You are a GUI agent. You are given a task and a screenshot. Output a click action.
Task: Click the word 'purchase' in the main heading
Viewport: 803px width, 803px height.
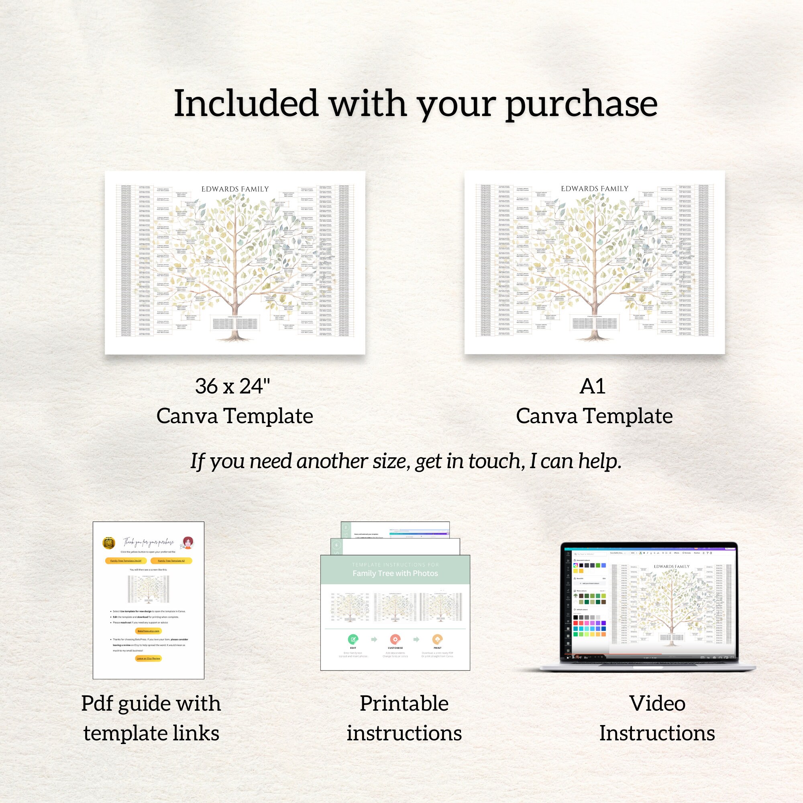581,105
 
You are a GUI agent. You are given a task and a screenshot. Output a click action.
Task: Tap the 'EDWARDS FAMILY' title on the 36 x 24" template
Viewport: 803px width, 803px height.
235,189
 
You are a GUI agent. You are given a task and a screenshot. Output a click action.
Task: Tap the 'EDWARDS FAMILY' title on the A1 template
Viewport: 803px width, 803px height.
594,189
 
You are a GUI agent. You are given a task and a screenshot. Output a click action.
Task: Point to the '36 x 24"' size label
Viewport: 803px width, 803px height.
232,387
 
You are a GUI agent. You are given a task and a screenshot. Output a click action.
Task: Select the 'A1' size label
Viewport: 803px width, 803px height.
592,387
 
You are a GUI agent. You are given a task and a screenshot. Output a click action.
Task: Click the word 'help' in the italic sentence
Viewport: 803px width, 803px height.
600,461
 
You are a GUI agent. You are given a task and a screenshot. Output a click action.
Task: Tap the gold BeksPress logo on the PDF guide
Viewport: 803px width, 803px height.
108,543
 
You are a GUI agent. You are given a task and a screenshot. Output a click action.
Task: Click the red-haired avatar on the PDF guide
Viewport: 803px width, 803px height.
188,542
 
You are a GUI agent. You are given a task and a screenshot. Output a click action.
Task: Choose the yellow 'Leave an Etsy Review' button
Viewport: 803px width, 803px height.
149,658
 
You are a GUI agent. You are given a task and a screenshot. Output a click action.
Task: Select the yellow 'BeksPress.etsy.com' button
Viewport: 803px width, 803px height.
149,631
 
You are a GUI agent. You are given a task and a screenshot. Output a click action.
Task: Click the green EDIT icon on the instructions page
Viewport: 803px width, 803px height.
353,639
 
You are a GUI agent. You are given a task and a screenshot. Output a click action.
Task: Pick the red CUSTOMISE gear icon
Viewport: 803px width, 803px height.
395,639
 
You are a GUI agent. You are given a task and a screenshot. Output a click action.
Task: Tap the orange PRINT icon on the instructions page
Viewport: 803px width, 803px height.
437,639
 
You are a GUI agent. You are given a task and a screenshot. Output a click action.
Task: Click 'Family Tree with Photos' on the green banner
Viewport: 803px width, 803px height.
395,574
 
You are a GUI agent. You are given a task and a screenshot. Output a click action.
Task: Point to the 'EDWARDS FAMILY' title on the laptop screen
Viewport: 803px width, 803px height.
671,567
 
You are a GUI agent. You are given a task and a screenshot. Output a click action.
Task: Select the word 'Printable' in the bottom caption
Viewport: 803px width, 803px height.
404,703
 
